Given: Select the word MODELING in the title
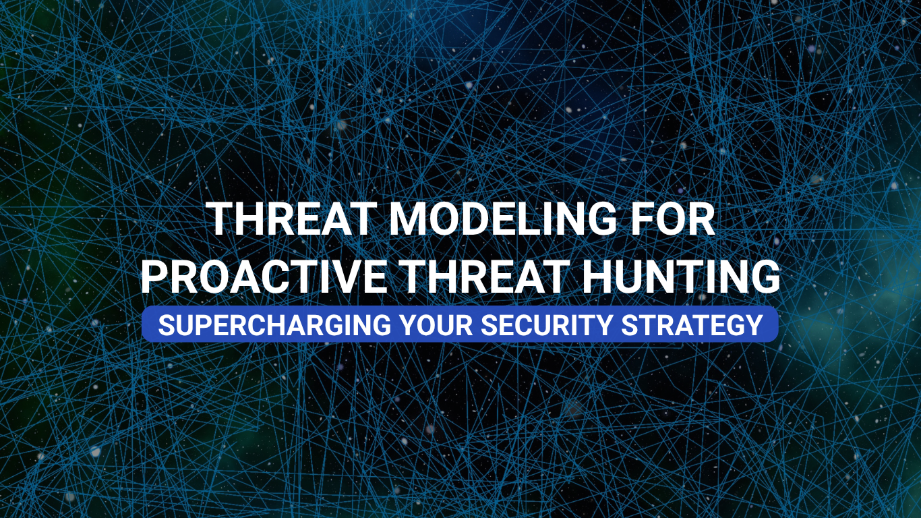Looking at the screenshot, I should [502, 219].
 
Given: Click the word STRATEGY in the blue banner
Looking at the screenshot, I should [692, 325].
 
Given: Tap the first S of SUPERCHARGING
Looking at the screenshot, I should [166, 325].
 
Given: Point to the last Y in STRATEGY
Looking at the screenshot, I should [754, 325].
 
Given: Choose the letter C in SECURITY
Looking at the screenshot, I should [527, 325].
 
